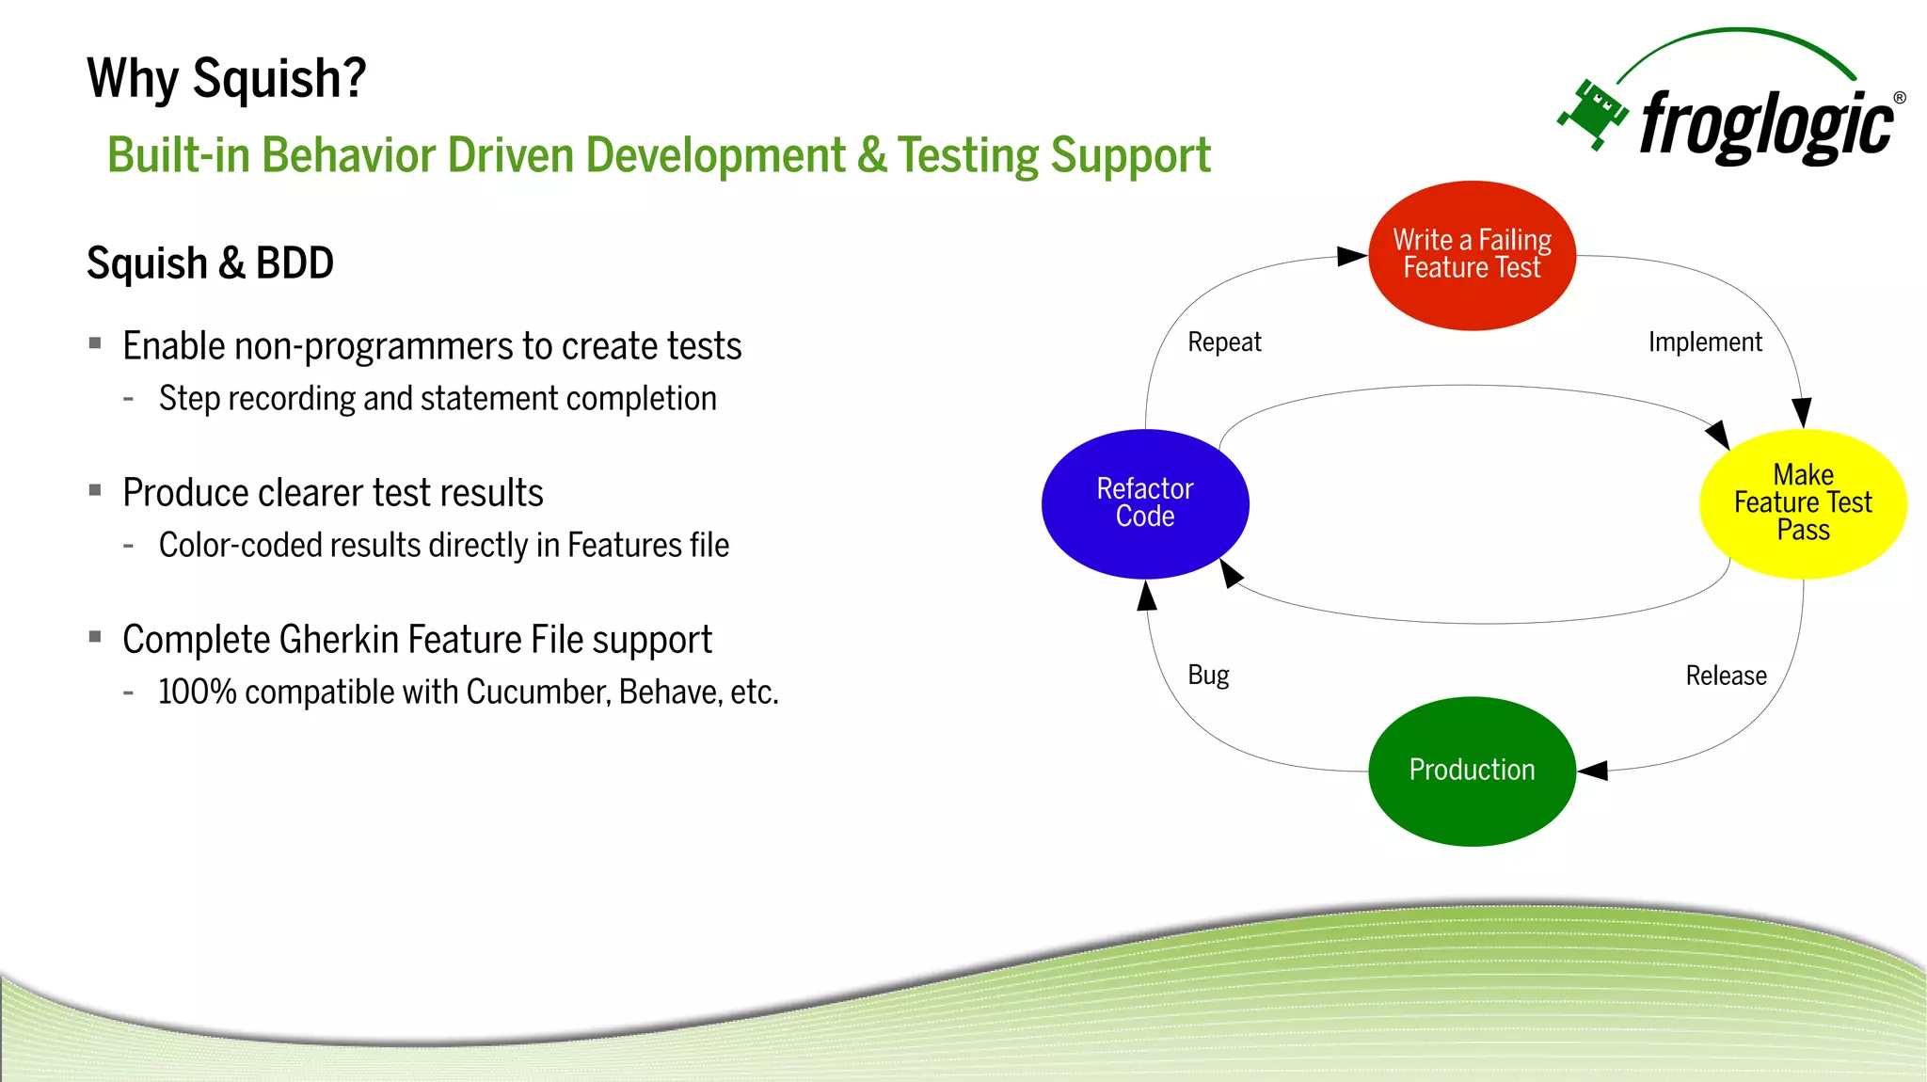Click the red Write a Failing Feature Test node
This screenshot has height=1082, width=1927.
pyautogui.click(x=1472, y=255)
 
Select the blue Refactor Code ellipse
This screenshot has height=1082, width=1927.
pyautogui.click(x=1145, y=503)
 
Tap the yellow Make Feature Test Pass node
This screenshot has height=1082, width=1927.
pyautogui.click(x=1803, y=503)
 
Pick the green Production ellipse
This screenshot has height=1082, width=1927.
pyautogui.click(x=1472, y=771)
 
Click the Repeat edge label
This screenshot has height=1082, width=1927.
pyautogui.click(x=1223, y=342)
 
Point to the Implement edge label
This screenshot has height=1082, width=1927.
pyautogui.click(x=1705, y=342)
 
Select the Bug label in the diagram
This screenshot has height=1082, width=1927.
pyautogui.click(x=1208, y=675)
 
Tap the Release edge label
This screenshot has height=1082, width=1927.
pyautogui.click(x=1726, y=676)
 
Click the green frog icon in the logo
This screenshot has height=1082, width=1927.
pyautogui.click(x=1593, y=113)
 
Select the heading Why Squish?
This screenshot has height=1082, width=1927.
pyautogui.click(x=226, y=78)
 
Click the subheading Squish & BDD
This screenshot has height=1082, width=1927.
pyautogui.click(x=210, y=263)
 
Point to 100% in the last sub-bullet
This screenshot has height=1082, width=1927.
pyautogui.click(x=197, y=692)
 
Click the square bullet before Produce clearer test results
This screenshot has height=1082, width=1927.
pyautogui.click(x=95, y=490)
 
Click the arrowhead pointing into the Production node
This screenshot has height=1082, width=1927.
pyautogui.click(x=1592, y=771)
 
